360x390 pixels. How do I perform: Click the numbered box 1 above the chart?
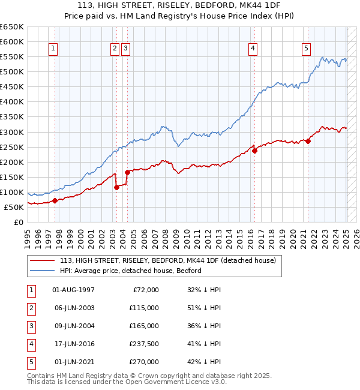point(54,49)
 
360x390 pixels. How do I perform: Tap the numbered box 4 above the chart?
point(253,49)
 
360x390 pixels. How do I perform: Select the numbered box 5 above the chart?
point(306,49)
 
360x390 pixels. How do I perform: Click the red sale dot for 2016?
point(254,151)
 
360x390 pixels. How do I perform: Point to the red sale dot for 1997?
point(55,201)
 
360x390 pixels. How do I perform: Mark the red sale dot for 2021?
point(308,142)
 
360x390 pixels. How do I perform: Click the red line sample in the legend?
point(43,260)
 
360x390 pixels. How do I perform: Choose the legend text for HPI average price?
point(130,271)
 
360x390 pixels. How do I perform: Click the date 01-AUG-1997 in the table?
point(74,290)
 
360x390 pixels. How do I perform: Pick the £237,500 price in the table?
point(143,344)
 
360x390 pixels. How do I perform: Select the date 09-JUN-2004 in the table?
point(74,326)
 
